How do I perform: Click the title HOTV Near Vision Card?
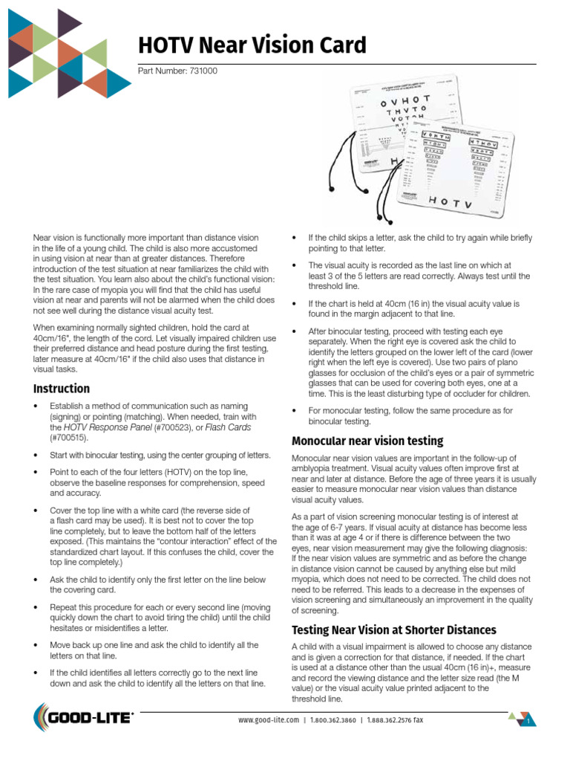pos(252,46)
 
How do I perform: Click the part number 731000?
pos(178,71)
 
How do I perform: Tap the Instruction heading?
pos(62,389)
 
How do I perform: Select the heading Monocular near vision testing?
pos(367,441)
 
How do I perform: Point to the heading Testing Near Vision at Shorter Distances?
pos(394,630)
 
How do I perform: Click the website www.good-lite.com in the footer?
pos(269,720)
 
